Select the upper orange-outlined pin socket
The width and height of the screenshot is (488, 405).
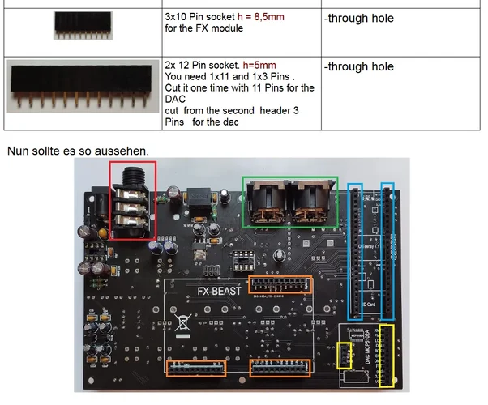point(280,285)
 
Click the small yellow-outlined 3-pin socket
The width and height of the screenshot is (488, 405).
point(345,357)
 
